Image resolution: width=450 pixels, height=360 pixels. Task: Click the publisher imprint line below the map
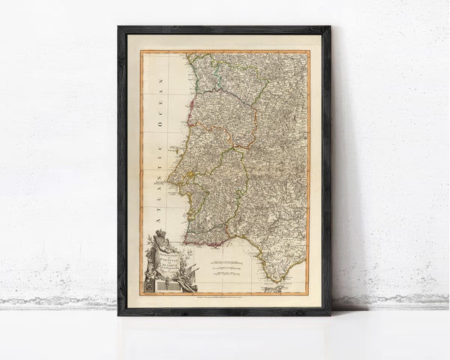pos(224,298)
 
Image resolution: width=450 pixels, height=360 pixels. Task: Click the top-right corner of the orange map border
pos(308,52)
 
